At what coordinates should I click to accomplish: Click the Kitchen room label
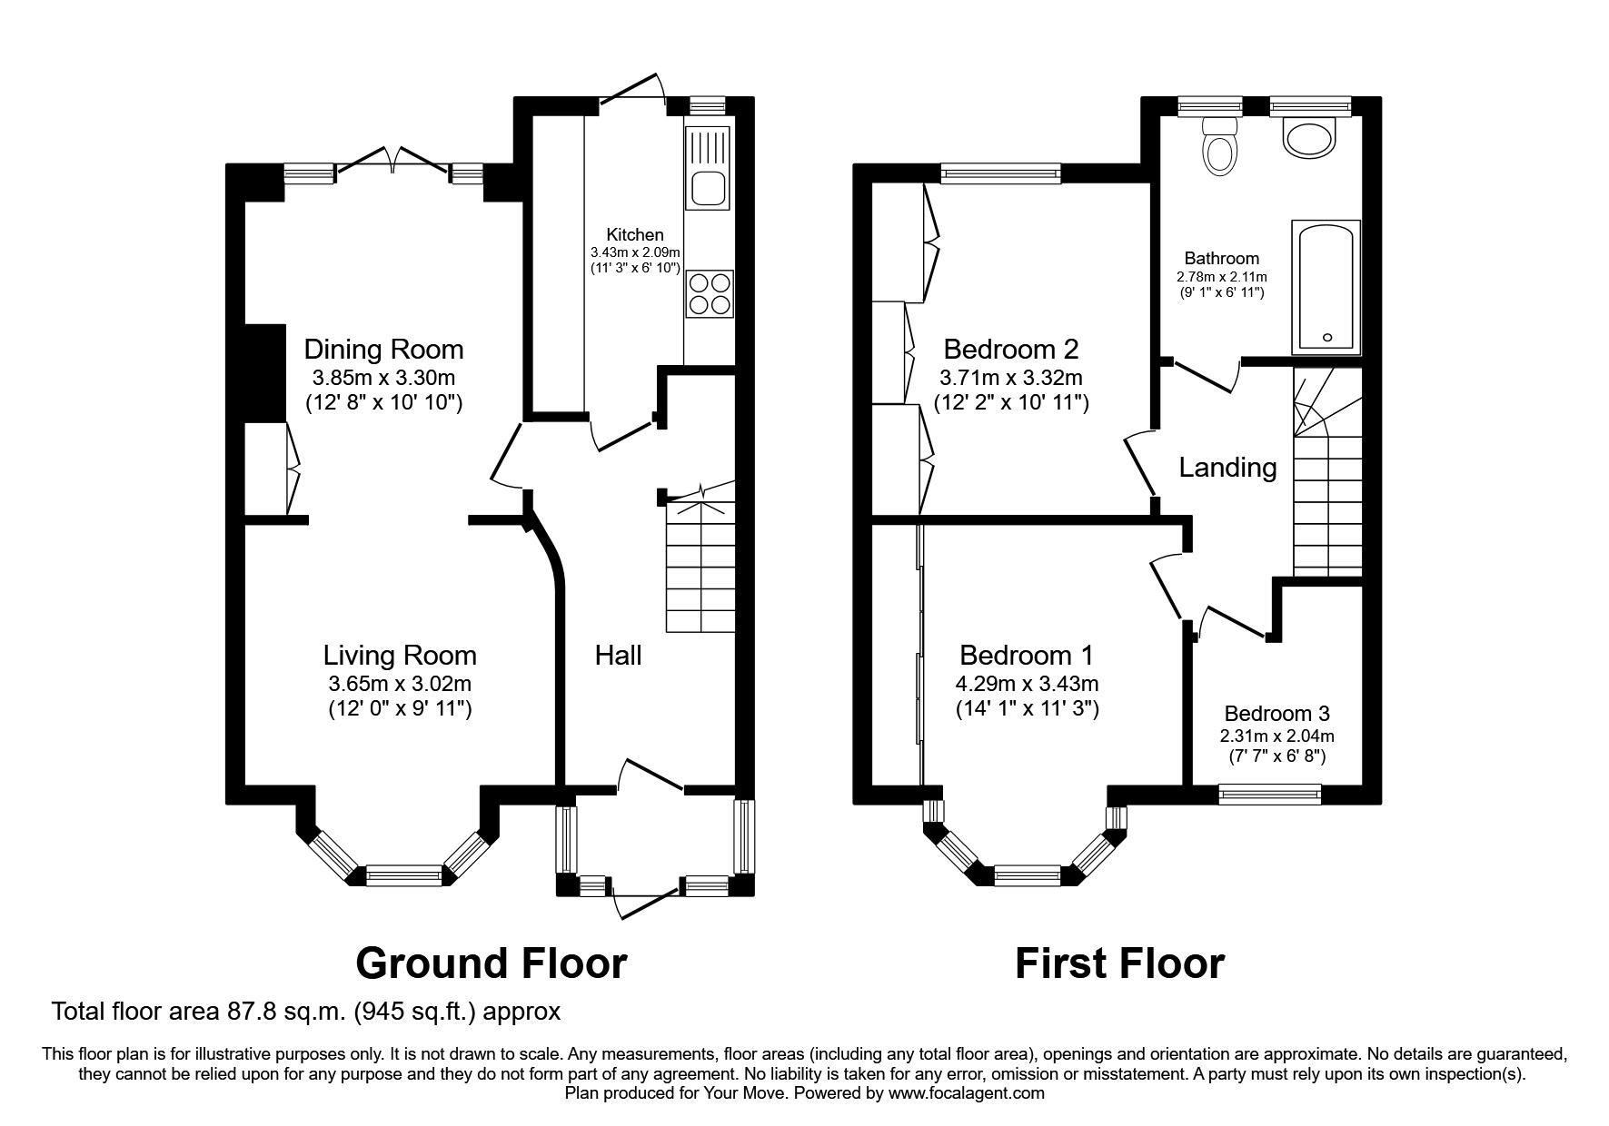[x=635, y=234]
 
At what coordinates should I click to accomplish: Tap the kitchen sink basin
[x=709, y=189]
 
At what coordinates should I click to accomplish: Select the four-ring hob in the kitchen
[x=709, y=293]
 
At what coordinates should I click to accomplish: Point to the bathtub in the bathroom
[x=1326, y=287]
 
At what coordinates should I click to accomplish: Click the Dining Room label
[x=383, y=349]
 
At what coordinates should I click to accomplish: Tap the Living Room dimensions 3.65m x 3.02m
[x=400, y=684]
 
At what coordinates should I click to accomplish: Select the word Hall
[x=618, y=655]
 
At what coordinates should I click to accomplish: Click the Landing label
[x=1227, y=467]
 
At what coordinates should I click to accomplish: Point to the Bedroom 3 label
[x=1276, y=714]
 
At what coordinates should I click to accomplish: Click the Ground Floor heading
[x=491, y=963]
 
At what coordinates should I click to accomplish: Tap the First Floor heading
[x=1119, y=963]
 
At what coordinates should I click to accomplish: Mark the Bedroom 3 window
[x=1269, y=795]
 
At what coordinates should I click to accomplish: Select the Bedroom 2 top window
[x=1000, y=173]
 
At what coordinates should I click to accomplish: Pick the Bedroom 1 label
[x=1027, y=655]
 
